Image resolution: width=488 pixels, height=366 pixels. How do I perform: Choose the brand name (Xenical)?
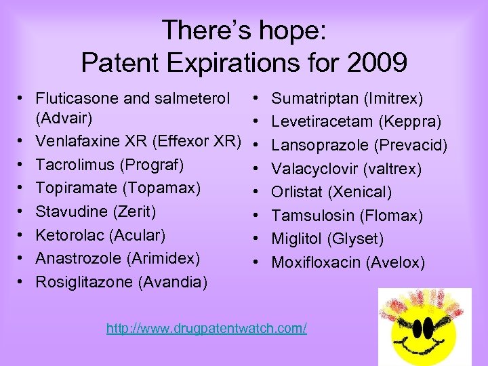pos(360,192)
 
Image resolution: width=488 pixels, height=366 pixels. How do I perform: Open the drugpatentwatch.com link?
pos(207,329)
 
